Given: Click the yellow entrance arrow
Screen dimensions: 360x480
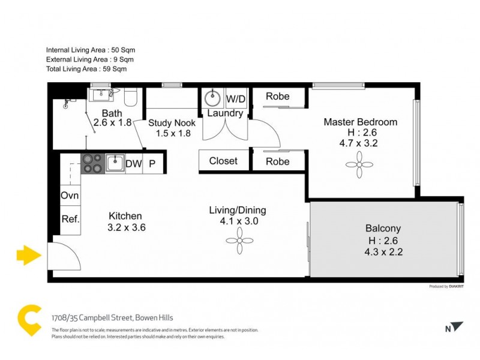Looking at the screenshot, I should pyautogui.click(x=28, y=256).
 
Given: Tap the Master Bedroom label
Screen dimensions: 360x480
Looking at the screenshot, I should pyautogui.click(x=360, y=122).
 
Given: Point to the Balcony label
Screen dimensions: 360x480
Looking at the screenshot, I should pyautogui.click(x=383, y=228).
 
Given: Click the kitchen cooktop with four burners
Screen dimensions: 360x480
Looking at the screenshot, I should pyautogui.click(x=92, y=163).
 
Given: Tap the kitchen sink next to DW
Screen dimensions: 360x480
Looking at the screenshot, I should pyautogui.click(x=115, y=163).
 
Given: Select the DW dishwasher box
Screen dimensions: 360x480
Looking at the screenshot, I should pyautogui.click(x=133, y=163).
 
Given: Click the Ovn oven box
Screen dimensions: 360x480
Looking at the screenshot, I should pyautogui.click(x=69, y=196).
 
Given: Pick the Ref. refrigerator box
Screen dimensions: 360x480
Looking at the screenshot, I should pyautogui.click(x=70, y=219).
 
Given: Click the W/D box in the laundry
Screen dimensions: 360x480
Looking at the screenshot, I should pyautogui.click(x=235, y=98).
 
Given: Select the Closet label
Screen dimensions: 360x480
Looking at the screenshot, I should pyautogui.click(x=223, y=161).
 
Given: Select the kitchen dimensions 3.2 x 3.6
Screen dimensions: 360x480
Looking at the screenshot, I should pyautogui.click(x=126, y=227).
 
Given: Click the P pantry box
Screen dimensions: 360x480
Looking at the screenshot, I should pyautogui.click(x=152, y=163).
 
